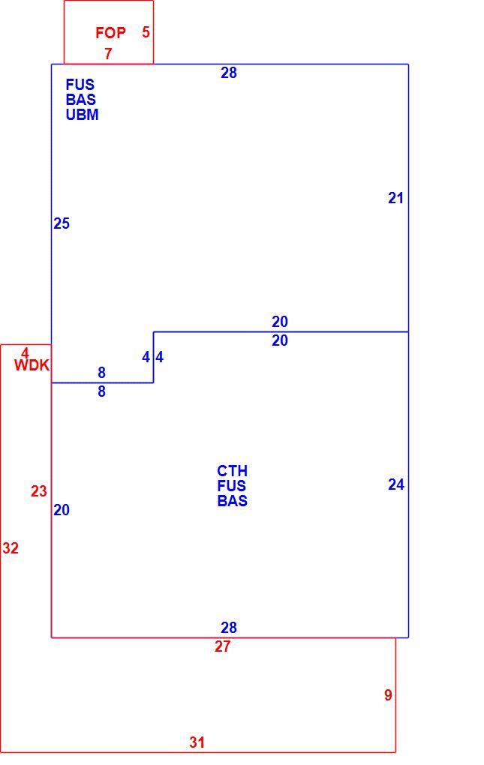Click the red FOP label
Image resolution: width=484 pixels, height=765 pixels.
(111, 33)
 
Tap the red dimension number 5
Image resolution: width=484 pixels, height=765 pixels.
(146, 32)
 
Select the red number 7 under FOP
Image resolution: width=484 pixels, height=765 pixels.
(108, 54)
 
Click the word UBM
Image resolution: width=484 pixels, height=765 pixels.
(83, 115)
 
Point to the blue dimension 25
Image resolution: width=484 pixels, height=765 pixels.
(62, 223)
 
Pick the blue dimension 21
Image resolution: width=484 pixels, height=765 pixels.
(395, 198)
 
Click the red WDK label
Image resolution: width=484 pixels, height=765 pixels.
(32, 365)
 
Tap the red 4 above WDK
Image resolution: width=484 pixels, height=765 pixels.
(26, 352)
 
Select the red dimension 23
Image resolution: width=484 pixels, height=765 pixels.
(39, 490)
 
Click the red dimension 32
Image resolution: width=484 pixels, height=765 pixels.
(11, 548)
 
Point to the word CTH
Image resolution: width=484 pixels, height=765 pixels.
(232, 471)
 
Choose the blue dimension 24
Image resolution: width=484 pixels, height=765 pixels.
(396, 484)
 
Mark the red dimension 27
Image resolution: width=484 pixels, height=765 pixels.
(222, 646)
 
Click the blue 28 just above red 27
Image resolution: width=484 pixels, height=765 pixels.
(229, 628)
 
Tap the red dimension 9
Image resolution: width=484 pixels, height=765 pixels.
(388, 695)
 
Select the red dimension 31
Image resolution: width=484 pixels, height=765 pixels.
(197, 742)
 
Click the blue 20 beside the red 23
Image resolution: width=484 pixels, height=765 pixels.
(62, 510)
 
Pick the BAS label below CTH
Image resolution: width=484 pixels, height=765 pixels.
(232, 501)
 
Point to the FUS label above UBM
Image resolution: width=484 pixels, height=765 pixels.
(80, 85)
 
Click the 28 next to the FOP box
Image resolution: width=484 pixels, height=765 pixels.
(229, 73)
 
